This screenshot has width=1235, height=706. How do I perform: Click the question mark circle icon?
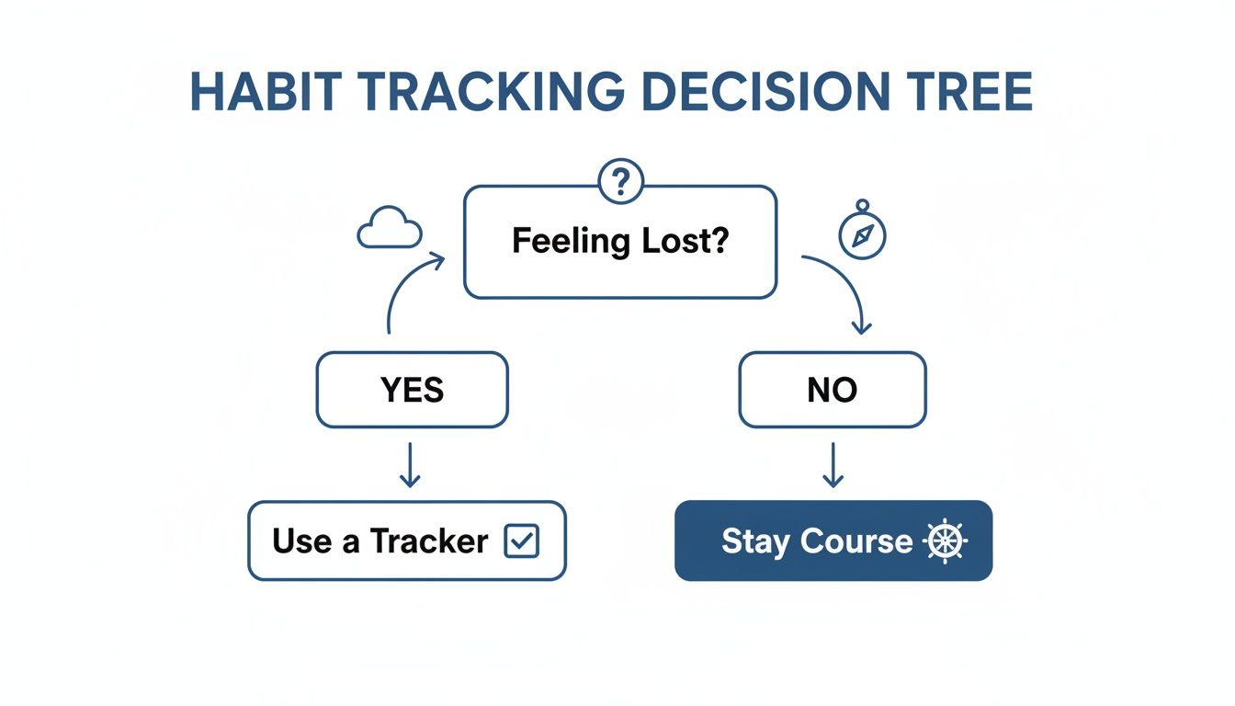(x=621, y=182)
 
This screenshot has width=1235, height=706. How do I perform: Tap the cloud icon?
(x=389, y=229)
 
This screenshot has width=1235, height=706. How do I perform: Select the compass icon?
(x=862, y=233)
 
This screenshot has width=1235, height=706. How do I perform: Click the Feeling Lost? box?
(x=620, y=242)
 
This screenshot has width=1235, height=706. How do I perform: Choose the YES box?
(x=412, y=390)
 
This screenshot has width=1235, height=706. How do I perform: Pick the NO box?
(x=833, y=390)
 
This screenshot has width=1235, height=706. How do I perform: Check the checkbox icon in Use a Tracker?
(x=521, y=541)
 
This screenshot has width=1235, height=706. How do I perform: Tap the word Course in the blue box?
(x=856, y=541)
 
